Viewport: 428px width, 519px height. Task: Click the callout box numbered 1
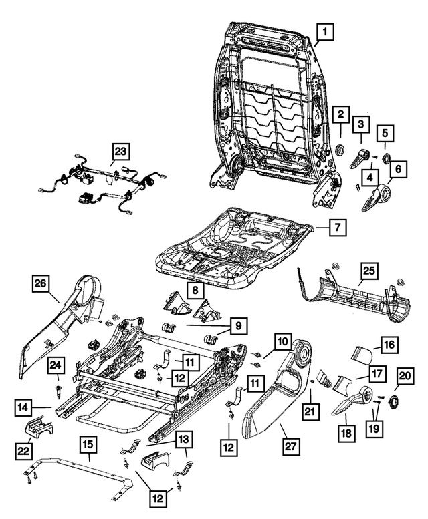[324, 32]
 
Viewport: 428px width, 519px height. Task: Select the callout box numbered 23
[120, 152]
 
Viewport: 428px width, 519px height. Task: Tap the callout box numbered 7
[338, 227]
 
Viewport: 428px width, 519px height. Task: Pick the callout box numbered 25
[369, 271]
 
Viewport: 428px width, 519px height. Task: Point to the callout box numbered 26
[41, 284]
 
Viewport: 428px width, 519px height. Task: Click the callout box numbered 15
[88, 445]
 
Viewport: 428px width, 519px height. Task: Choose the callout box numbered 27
[290, 446]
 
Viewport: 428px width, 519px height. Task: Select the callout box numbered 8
[195, 291]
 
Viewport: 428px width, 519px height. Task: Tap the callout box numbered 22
[23, 450]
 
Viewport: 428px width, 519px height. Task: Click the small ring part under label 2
[340, 150]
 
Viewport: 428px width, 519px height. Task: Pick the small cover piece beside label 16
[361, 355]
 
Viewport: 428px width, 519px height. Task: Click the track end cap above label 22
[38, 425]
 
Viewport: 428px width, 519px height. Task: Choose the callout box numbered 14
[23, 407]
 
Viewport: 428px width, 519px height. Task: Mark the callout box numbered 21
[310, 411]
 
